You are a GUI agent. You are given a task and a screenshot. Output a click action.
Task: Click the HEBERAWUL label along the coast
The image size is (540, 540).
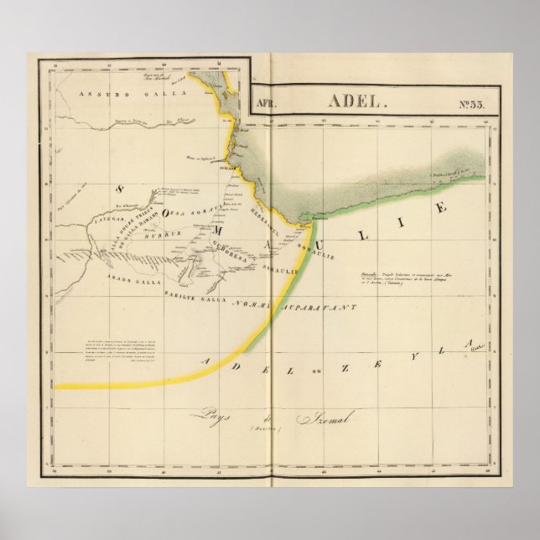pyautogui.click(x=263, y=214)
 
